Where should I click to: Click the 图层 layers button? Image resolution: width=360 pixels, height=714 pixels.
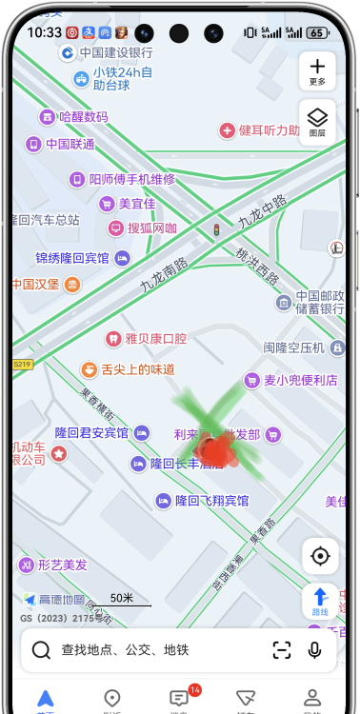tap(317, 122)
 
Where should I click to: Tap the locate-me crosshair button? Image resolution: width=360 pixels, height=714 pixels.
tap(320, 556)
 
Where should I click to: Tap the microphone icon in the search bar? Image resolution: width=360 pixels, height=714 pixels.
tap(314, 650)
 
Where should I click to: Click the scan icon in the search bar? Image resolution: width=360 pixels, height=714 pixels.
tap(282, 650)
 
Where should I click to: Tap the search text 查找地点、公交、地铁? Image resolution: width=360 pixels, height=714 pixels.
tap(125, 650)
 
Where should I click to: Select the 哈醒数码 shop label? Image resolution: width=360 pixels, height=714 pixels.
tap(83, 117)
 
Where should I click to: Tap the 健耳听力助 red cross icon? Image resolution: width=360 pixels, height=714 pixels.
tap(227, 129)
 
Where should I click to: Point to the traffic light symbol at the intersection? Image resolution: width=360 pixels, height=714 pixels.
tap(216, 229)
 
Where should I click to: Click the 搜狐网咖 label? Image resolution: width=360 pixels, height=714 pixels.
tap(152, 228)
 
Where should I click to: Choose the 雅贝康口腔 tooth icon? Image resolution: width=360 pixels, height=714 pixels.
tap(112, 338)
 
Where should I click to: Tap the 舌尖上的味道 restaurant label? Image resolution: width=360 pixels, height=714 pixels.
tap(137, 368)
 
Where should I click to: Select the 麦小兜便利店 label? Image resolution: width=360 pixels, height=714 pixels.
tap(300, 381)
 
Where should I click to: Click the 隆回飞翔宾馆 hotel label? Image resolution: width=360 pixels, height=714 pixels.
tap(211, 501)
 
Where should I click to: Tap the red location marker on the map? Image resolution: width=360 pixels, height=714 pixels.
tap(213, 450)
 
